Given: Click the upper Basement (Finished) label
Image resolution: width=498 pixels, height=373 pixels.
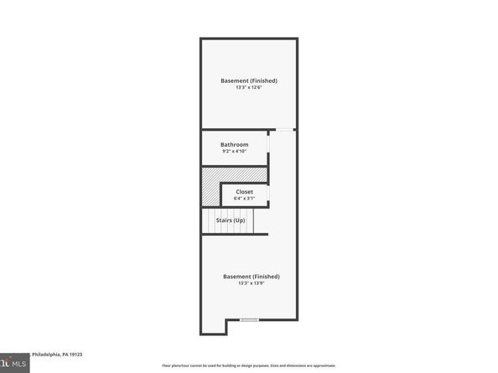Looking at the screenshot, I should click(x=248, y=80).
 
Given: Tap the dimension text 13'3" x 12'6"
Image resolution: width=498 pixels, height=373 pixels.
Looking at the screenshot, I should click(x=248, y=88).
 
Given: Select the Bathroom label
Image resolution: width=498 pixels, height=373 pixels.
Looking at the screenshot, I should click(x=234, y=144).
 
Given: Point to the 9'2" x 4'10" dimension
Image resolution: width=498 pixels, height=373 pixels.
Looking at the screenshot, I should click(x=234, y=152).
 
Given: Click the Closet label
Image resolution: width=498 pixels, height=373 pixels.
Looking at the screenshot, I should click(x=244, y=191).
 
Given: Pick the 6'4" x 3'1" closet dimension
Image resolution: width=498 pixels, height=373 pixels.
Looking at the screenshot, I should click(x=244, y=199).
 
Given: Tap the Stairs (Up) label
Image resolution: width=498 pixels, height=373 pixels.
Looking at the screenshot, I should click(x=231, y=220).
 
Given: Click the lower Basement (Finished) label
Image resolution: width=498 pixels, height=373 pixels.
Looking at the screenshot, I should click(x=251, y=276).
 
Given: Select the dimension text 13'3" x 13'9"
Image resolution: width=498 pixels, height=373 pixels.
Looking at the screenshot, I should click(x=251, y=283).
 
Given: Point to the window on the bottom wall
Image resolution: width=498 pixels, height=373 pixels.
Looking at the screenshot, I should click(x=249, y=320).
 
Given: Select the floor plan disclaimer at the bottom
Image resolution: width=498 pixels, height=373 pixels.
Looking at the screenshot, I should click(x=249, y=365).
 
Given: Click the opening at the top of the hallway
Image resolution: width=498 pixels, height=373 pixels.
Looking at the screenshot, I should click(x=286, y=129).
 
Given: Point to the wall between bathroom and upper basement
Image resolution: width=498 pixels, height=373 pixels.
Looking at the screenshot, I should click(x=235, y=130).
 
